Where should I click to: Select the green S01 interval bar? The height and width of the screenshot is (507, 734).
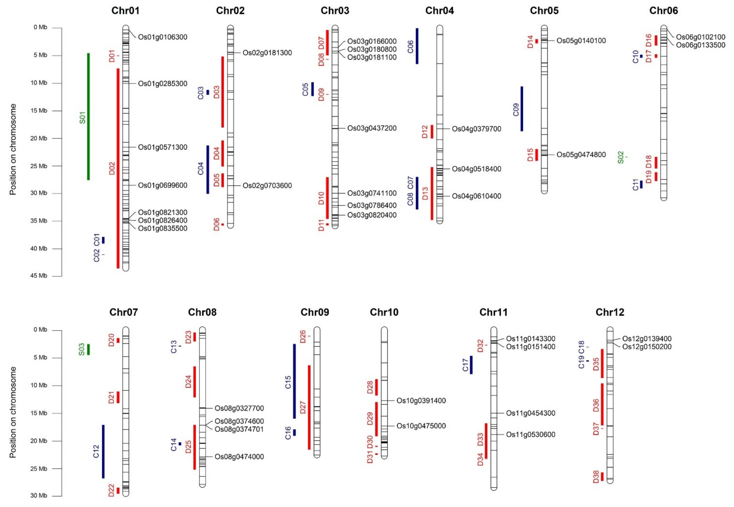point(89,117)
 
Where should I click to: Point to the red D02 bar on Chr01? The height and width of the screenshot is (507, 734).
point(118,168)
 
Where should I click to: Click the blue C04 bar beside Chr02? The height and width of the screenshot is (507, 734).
point(208,169)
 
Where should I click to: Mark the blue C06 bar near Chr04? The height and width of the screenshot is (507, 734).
point(417,46)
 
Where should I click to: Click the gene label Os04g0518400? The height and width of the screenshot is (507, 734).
point(476,169)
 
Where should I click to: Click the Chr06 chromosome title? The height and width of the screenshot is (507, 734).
point(664,11)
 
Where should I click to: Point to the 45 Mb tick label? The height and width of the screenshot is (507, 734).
point(39,276)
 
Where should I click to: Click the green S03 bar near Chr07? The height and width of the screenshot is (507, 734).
point(89,349)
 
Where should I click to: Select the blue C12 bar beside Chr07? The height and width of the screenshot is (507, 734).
point(103,451)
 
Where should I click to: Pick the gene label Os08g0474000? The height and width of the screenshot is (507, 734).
point(239,457)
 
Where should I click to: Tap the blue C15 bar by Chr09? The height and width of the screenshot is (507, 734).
point(294,381)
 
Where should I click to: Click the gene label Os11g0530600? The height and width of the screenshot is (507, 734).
point(530,434)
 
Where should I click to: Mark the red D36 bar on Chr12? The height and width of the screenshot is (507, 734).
point(602,404)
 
